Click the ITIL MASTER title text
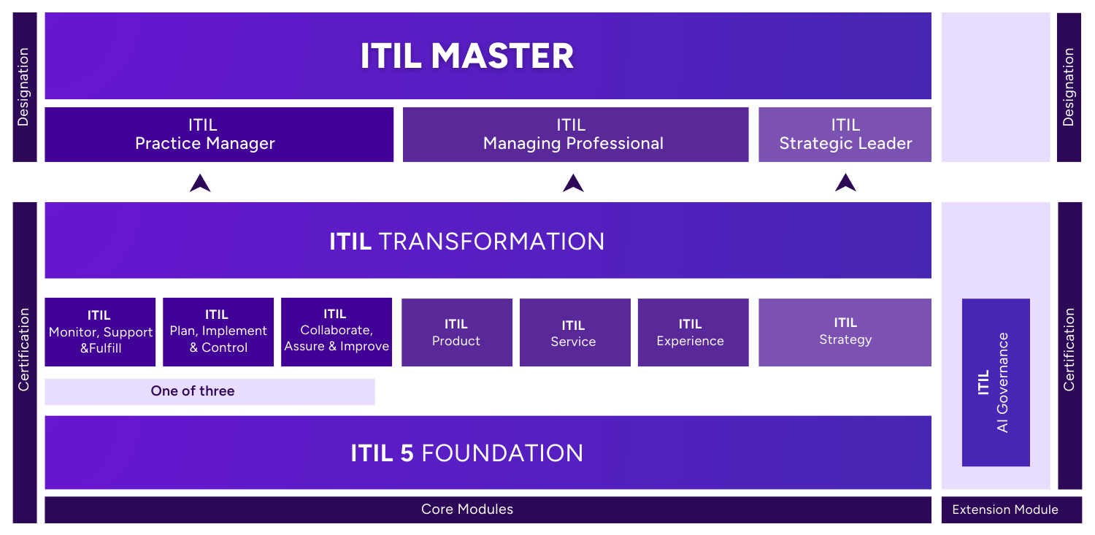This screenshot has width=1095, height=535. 466,57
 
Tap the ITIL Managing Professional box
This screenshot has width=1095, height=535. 575,134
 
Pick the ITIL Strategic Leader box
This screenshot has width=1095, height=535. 845,134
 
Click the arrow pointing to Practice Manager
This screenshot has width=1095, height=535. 200,183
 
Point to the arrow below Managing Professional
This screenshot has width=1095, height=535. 573,183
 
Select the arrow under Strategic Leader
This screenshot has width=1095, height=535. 845,183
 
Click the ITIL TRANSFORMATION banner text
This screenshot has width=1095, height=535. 466,242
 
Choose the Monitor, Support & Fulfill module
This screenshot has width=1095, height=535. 100,332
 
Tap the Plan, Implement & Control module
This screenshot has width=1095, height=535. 218,331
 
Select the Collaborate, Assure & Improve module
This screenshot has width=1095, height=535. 337,331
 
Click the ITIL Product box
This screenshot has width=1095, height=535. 456,333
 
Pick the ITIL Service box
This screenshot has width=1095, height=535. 574,333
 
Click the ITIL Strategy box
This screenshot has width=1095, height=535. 845,332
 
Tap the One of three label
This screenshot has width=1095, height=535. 193,391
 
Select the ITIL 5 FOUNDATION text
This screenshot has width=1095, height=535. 466,453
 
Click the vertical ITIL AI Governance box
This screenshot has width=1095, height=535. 995,382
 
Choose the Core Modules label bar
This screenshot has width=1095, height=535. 467,509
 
